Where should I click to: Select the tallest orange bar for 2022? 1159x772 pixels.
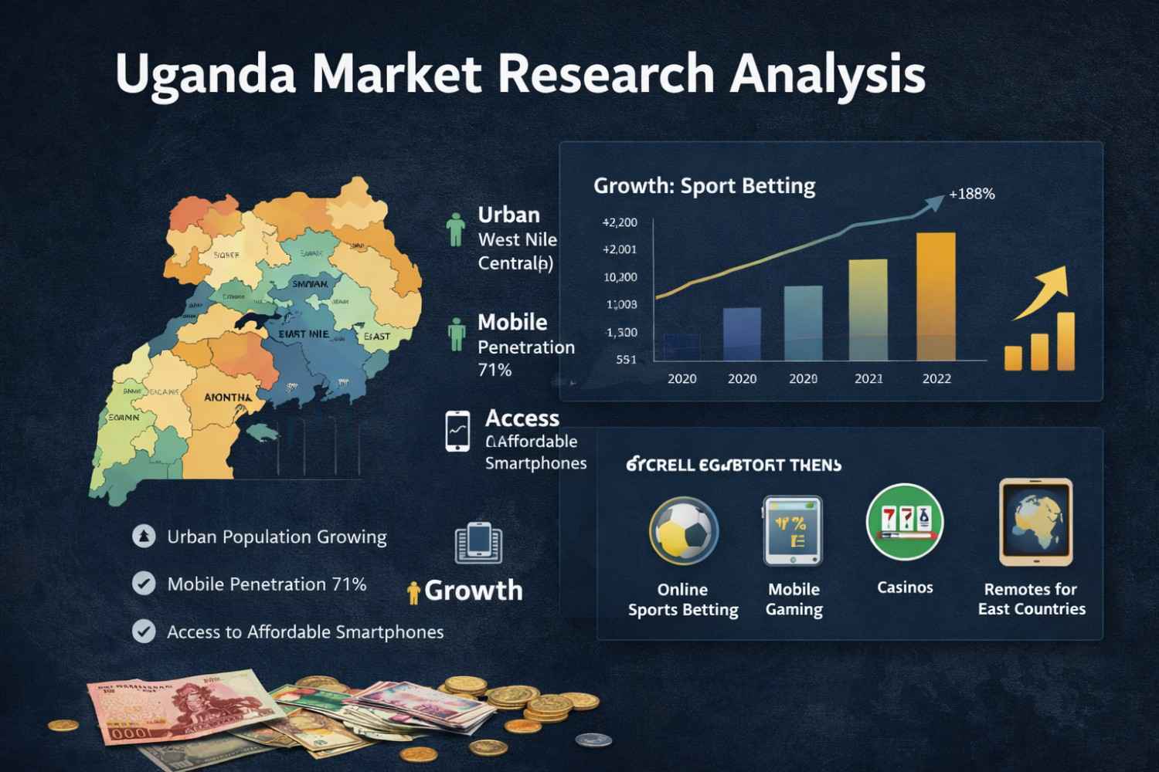click(x=935, y=296)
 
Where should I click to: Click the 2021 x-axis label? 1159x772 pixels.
click(x=869, y=379)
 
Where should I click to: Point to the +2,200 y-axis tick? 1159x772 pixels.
click(x=620, y=223)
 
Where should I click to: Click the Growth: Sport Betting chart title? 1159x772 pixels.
click(x=704, y=186)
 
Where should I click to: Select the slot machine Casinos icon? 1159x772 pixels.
click(x=905, y=522)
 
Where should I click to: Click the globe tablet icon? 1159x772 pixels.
click(x=1035, y=522)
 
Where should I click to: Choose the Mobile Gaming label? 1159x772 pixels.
click(x=794, y=599)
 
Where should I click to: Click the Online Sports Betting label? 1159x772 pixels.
click(x=683, y=600)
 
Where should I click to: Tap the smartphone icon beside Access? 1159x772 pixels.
click(x=457, y=431)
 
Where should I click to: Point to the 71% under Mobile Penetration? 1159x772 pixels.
click(x=495, y=371)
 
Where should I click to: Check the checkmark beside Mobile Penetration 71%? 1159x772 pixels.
click(x=144, y=584)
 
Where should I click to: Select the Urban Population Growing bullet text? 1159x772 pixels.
click(x=277, y=537)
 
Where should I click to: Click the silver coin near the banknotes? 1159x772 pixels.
click(x=593, y=740)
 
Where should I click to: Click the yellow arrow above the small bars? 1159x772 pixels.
click(x=1045, y=292)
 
